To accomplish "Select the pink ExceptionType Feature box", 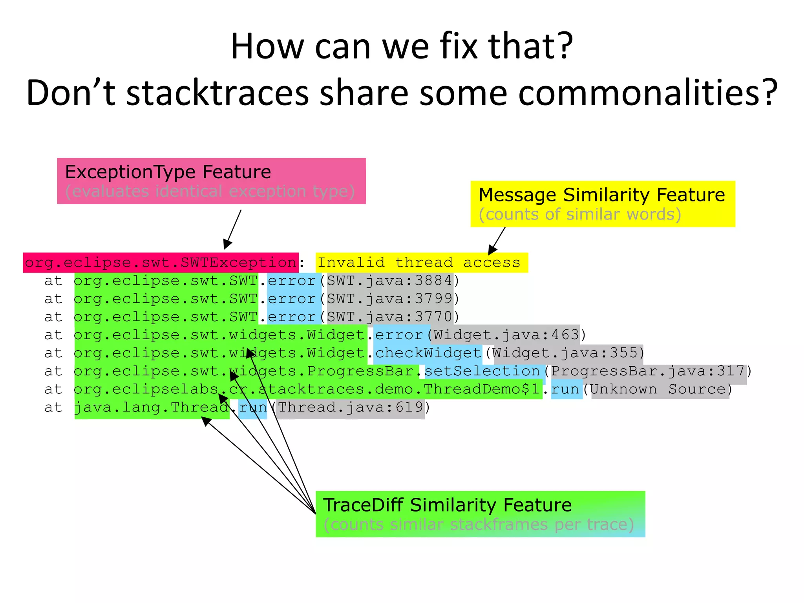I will click(x=211, y=181).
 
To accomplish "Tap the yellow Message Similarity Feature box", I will click(x=602, y=204).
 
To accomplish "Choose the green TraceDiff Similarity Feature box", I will click(x=480, y=514).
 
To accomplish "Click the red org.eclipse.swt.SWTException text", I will click(x=161, y=263).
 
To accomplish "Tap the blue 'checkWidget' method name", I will click(x=428, y=353).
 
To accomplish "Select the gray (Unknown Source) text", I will click(x=660, y=389).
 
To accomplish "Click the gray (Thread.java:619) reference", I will click(x=351, y=407).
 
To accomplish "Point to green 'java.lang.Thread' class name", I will click(x=152, y=407).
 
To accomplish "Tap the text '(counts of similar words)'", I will click(x=580, y=214).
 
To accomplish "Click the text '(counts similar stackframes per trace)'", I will click(x=479, y=525).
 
